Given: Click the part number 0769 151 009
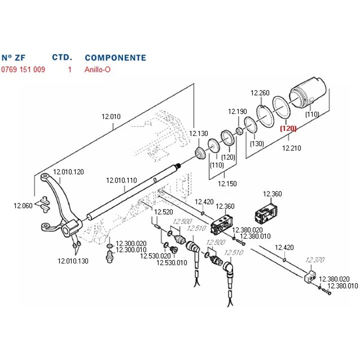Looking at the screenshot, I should click(23, 69).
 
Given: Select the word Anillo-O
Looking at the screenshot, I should click(98, 69).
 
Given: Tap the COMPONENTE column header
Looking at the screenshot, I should click(115, 57).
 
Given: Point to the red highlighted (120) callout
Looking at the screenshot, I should click(288, 128).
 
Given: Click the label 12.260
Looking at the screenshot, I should click(260, 93).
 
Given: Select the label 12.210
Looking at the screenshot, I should click(292, 148).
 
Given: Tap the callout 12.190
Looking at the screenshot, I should click(238, 111).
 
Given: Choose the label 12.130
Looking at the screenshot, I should click(198, 133).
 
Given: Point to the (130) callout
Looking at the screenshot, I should click(257, 143).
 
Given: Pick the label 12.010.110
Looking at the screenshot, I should click(121, 180).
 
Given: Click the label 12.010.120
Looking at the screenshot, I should click(68, 171).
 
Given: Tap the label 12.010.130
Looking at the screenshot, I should click(72, 260).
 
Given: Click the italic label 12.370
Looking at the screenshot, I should click(314, 260).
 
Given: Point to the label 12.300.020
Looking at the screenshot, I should click(131, 243).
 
